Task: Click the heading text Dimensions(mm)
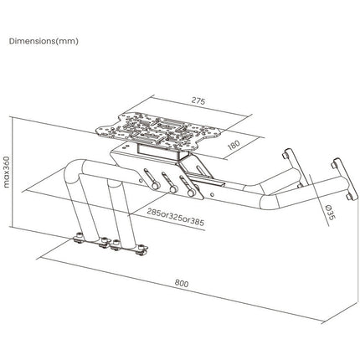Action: point(44,41)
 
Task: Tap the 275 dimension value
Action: point(198,100)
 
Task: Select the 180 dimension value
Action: point(234,145)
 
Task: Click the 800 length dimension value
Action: point(182,283)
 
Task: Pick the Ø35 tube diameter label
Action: point(330,212)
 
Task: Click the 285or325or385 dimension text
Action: point(176,217)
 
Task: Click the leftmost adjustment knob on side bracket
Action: point(155,185)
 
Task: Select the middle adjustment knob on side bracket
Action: point(173,189)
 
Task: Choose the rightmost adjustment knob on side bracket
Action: point(191,193)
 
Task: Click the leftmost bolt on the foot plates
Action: point(80,235)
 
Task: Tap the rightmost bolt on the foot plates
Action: point(142,248)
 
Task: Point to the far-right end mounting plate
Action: point(346,178)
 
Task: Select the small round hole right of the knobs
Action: point(213,194)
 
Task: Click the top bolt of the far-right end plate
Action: point(334,166)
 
